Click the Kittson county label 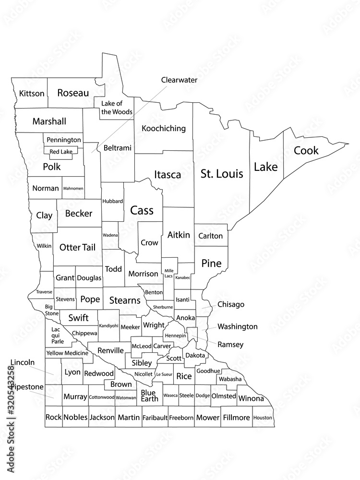coord(32,93)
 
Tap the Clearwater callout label coord(179,80)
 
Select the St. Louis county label coord(222,173)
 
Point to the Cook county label coord(306,150)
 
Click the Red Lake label coord(61,152)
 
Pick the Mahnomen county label coord(73,189)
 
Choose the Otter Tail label coord(77,248)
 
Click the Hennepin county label coord(175,336)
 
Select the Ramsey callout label coord(230,345)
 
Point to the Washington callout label coord(237,327)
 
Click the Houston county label coord(263,418)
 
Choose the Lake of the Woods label coord(117,108)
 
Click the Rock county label coord(53,418)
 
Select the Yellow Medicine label coord(68,353)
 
